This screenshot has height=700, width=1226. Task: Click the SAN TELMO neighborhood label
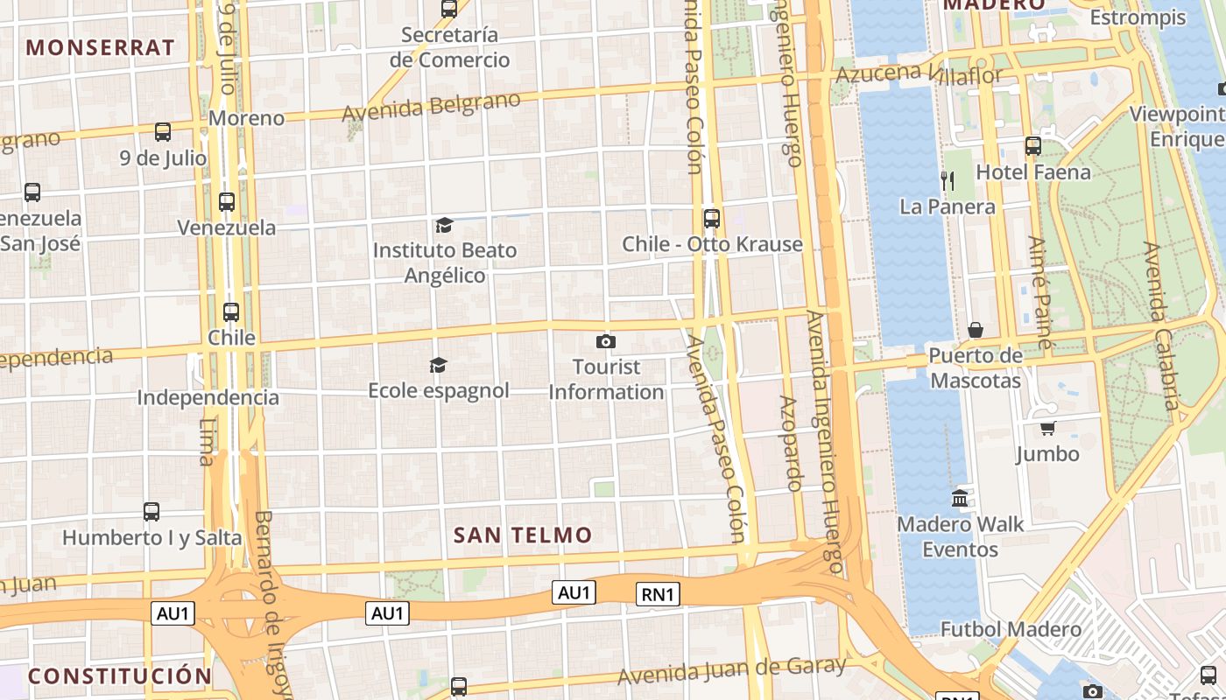pyautogui.click(x=523, y=535)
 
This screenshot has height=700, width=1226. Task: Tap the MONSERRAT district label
pyautogui.click(x=101, y=47)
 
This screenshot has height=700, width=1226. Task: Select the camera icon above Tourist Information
pyautogui.click(x=605, y=341)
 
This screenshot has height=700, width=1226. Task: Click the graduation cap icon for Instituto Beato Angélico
pyautogui.click(x=444, y=225)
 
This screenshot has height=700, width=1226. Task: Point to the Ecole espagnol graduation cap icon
pyautogui.click(x=439, y=365)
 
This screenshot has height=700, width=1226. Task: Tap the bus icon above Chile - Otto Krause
pyautogui.click(x=711, y=218)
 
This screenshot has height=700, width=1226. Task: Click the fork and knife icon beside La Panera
pyautogui.click(x=947, y=181)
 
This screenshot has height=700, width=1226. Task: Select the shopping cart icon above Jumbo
pyautogui.click(x=1047, y=428)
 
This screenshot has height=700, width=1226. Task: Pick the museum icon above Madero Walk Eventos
pyautogui.click(x=960, y=499)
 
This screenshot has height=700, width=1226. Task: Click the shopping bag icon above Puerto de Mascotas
pyautogui.click(x=975, y=330)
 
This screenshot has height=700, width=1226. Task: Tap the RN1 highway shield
pyautogui.click(x=658, y=595)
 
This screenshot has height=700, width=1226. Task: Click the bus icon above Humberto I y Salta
pyautogui.click(x=151, y=511)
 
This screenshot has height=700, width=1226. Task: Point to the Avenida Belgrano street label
pyautogui.click(x=431, y=107)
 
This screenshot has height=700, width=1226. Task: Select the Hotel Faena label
pyautogui.click(x=1033, y=172)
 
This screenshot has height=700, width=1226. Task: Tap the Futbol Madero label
pyautogui.click(x=1011, y=629)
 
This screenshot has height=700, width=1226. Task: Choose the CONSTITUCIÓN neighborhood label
pyautogui.click(x=120, y=675)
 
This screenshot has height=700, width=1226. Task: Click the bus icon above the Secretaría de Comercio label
pyautogui.click(x=449, y=9)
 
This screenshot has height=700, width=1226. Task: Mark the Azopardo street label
pyautogui.click(x=792, y=443)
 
